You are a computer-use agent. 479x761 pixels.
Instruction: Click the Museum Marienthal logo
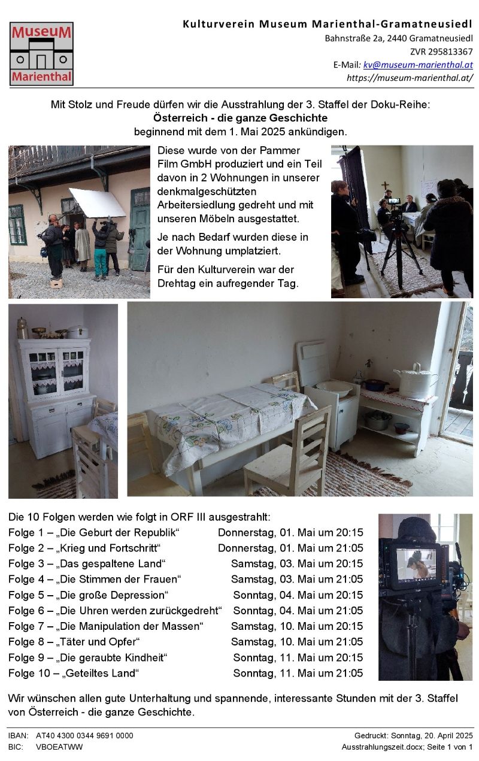41,54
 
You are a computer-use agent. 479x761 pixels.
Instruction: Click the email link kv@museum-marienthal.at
418,65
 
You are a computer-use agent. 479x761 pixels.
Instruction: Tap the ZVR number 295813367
450,51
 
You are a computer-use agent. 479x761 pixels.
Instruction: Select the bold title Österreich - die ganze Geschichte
240,118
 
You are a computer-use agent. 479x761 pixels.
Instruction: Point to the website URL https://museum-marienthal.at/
410,78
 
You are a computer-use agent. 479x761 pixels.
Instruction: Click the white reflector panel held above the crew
98,203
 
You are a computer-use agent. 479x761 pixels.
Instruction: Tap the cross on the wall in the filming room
385,186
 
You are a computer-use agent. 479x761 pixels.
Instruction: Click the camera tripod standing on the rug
402,251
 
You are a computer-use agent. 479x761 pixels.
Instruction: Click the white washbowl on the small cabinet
334,389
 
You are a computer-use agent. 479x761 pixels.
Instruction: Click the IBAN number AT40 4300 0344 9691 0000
84,735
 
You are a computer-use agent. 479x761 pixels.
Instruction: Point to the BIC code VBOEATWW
59,747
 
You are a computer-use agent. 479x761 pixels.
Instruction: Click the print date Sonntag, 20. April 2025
432,735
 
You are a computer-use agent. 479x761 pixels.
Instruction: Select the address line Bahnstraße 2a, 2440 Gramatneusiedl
399,38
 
